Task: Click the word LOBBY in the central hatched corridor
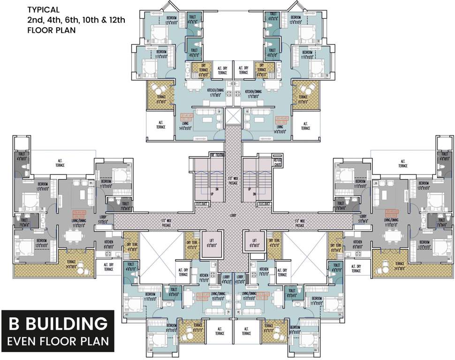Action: click(233, 216)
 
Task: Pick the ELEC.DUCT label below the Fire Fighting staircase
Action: click(202, 204)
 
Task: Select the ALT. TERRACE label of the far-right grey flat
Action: click(402, 164)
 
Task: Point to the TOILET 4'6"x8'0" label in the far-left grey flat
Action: click(22, 156)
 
